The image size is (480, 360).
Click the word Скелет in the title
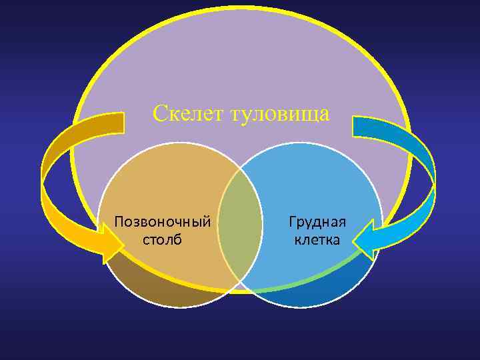click(x=189, y=113)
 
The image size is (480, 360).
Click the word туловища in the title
click(x=279, y=113)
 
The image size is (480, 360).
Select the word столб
click(x=162, y=239)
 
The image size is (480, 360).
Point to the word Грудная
click(x=317, y=221)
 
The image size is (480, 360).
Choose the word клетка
click(x=317, y=239)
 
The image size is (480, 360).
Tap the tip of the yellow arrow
click(x=123, y=243)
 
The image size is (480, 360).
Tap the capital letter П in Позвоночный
click(x=119, y=221)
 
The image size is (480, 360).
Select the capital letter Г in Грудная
click(x=292, y=221)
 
